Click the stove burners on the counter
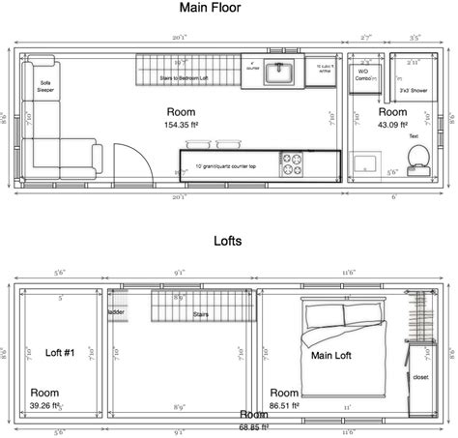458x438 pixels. click(x=292, y=165)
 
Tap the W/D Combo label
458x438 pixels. click(x=363, y=74)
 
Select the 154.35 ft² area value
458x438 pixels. click(x=181, y=125)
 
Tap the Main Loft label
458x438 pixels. click(x=330, y=355)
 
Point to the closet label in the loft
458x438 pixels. click(x=420, y=378)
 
